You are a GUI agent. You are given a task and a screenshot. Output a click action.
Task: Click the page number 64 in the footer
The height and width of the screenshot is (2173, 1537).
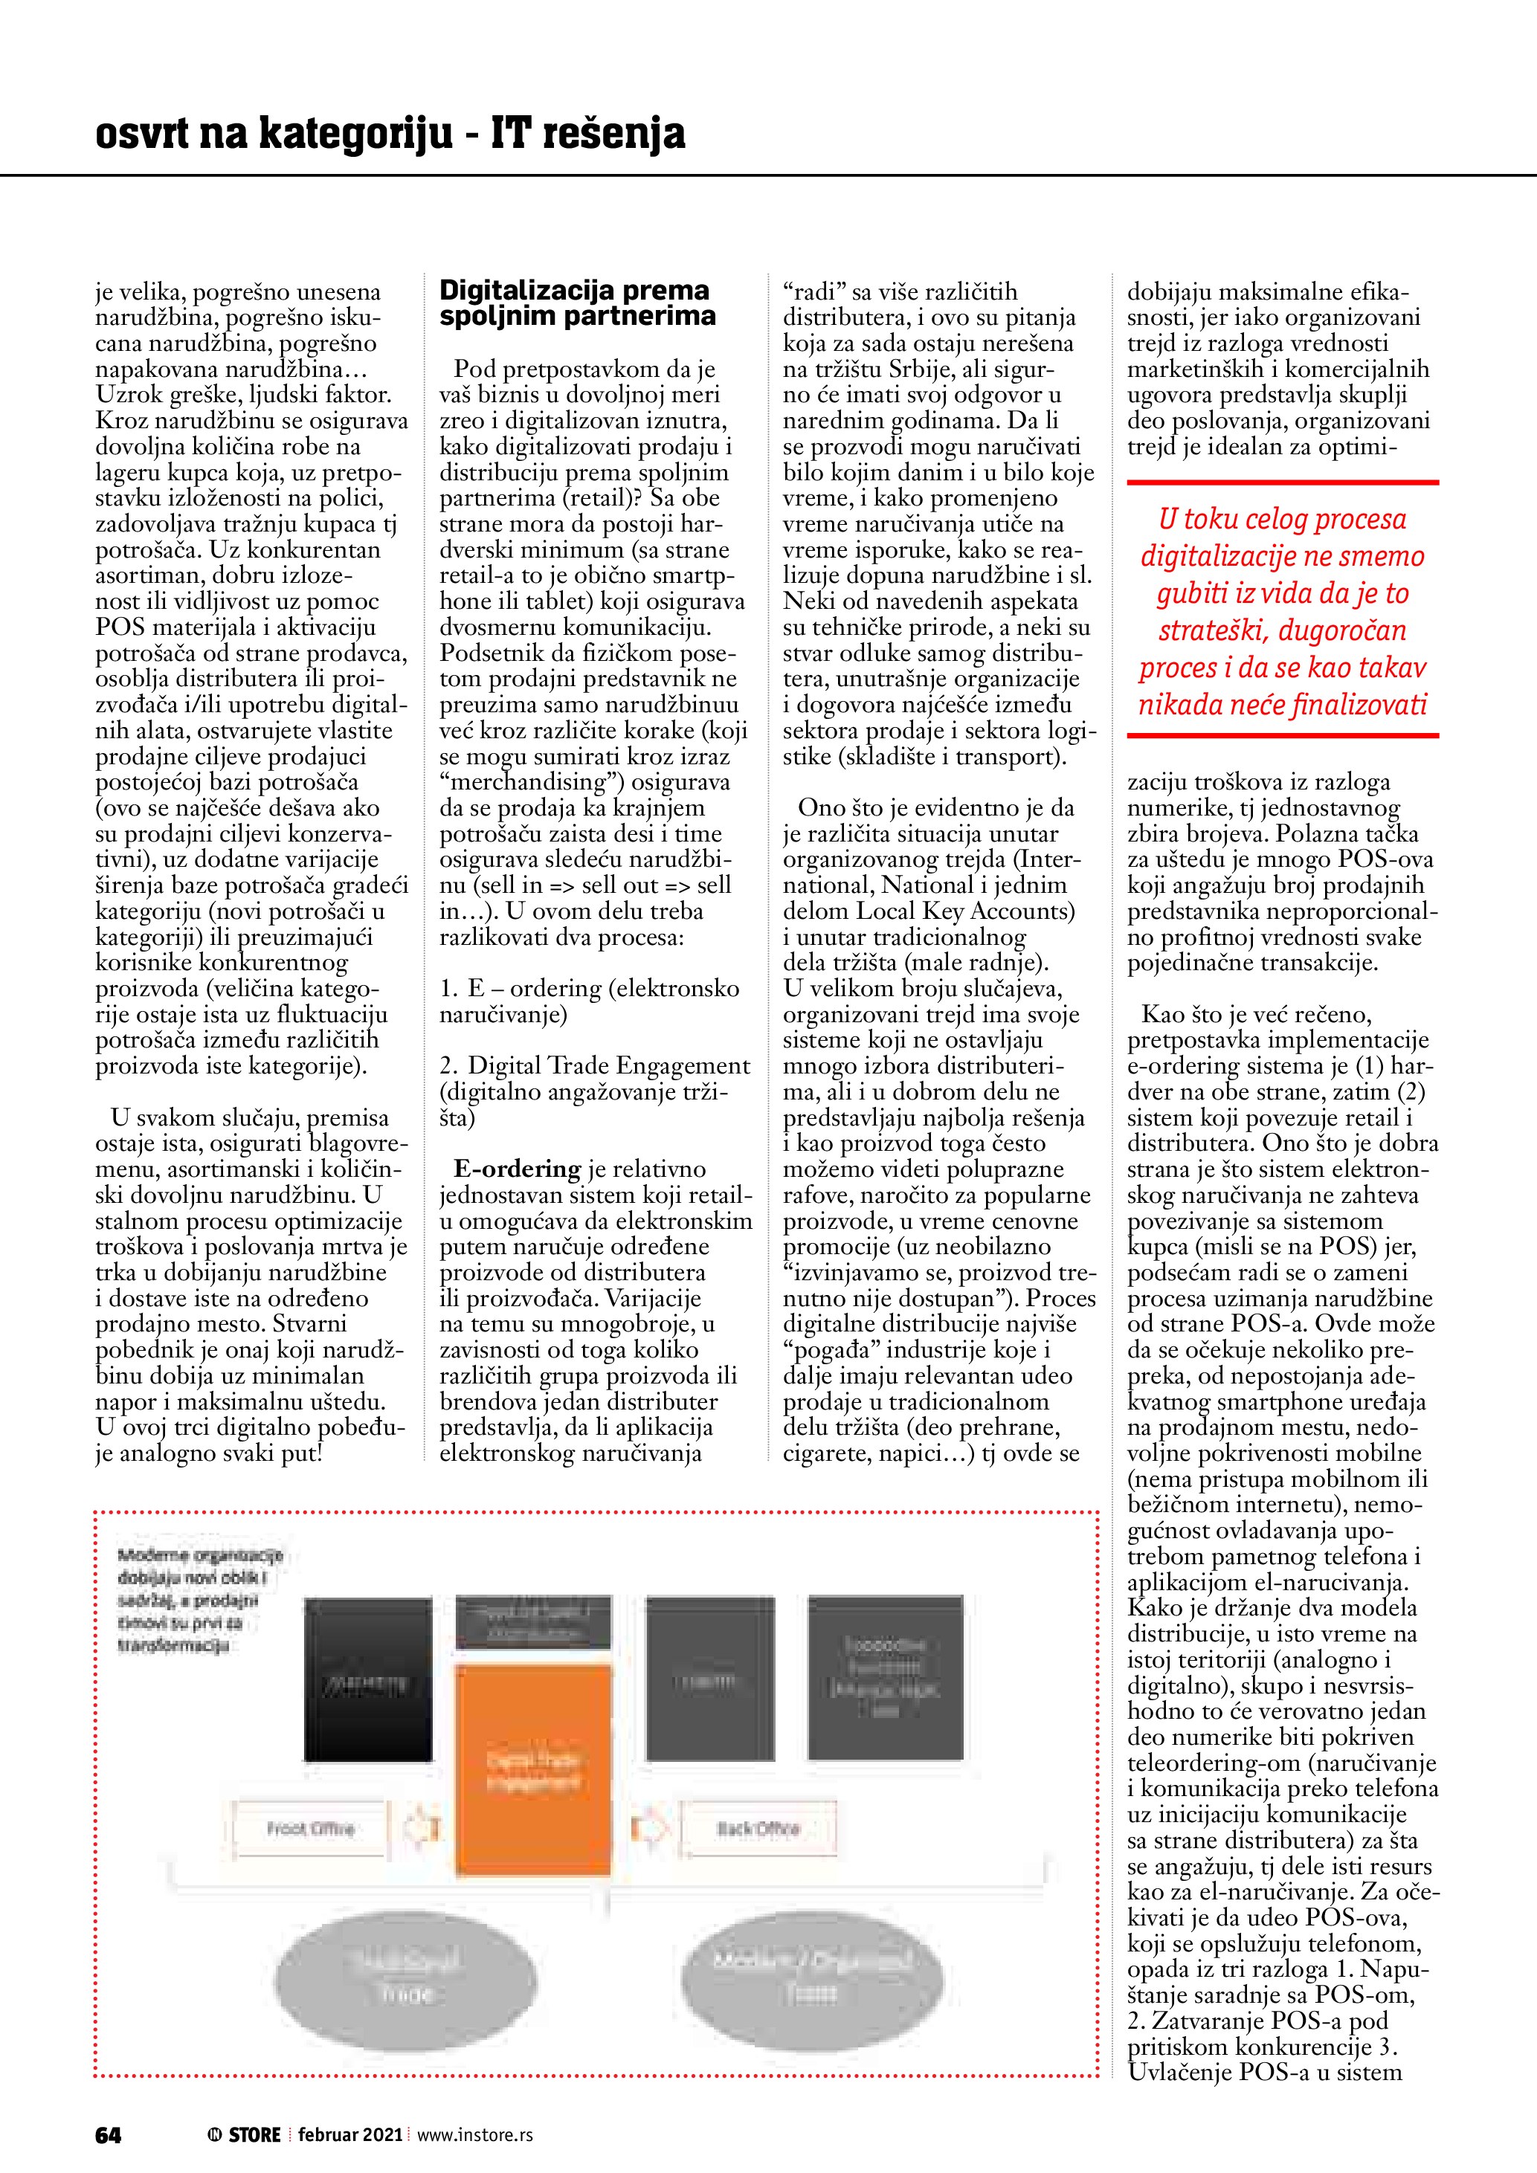[108, 2135]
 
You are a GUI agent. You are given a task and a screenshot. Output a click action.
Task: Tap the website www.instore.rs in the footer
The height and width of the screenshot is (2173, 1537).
[475, 2135]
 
